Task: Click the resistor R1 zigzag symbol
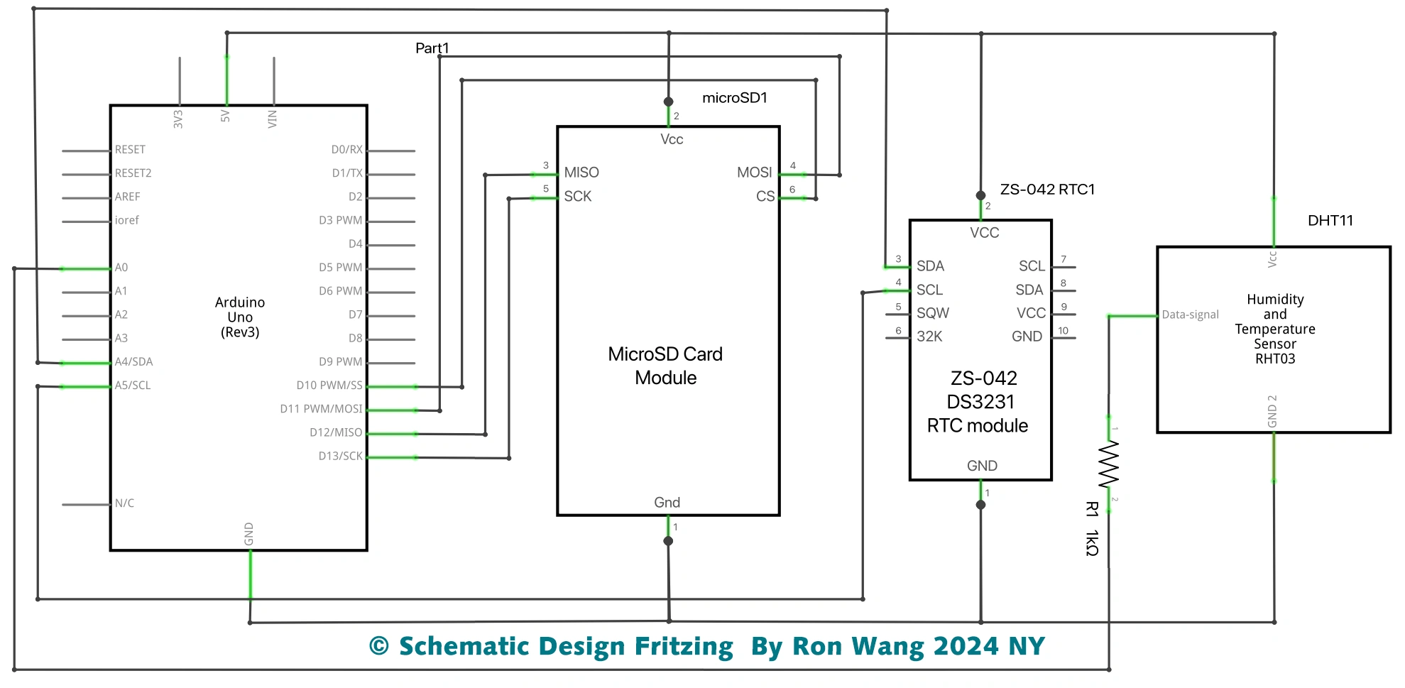[x=1108, y=464]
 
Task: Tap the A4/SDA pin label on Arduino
[x=133, y=362]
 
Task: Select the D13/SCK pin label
[x=340, y=457]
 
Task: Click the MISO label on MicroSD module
[x=581, y=173]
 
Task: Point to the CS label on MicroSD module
[x=765, y=197]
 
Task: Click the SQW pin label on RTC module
[x=932, y=313]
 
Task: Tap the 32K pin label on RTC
[x=929, y=337]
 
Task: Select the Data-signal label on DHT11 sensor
[x=1190, y=315]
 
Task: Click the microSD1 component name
[x=734, y=98]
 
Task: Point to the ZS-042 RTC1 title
[x=1047, y=190]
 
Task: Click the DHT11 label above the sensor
[x=1330, y=221]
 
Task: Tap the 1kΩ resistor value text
[x=1092, y=543]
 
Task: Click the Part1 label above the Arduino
[x=432, y=48]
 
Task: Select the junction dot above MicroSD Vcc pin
[x=668, y=102]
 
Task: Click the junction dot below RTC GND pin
[x=980, y=505]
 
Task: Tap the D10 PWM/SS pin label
[x=329, y=386]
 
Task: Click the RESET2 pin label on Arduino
[x=133, y=173]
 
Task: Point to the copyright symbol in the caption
[x=379, y=646]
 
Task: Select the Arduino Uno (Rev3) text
[x=240, y=317]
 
